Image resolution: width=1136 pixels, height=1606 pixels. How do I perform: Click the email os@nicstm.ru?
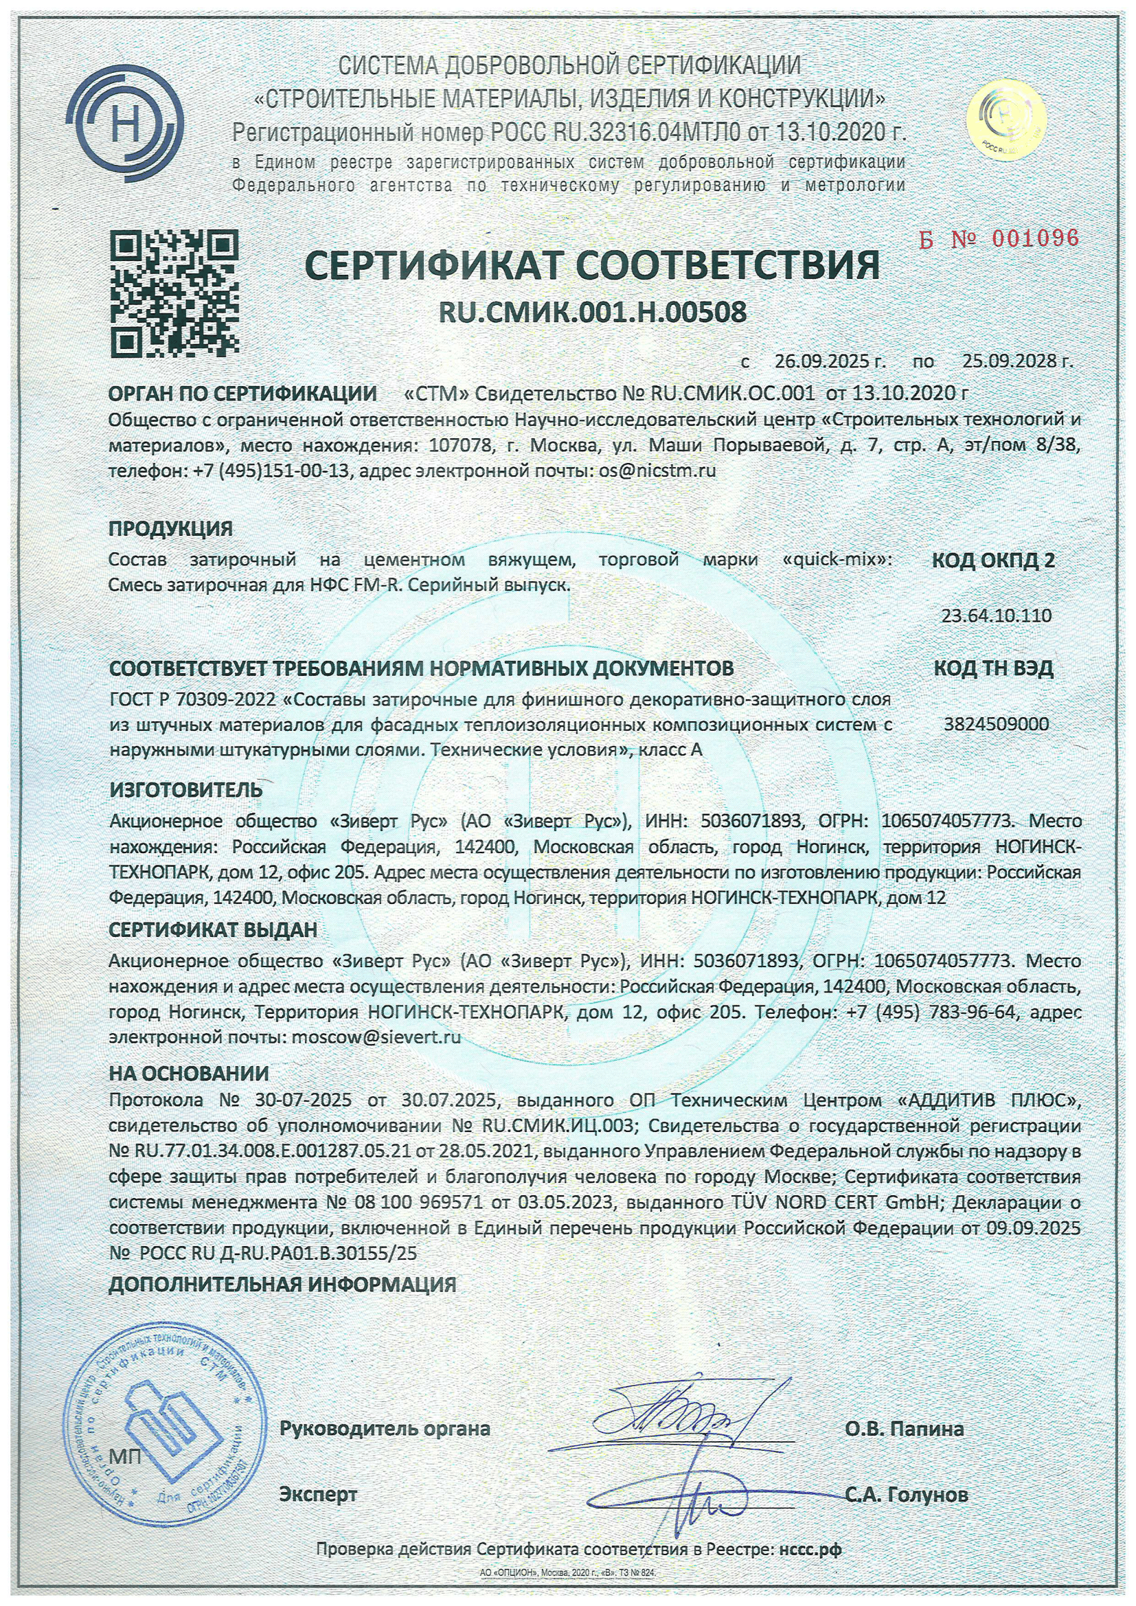pyautogui.click(x=657, y=470)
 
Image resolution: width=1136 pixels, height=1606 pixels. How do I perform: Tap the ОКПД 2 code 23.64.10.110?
pyautogui.click(x=996, y=615)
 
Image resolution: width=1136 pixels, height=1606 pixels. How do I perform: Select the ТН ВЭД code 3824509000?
pyautogui.click(x=996, y=724)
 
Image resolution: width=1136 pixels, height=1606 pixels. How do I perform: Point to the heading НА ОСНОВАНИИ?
pyautogui.click(x=189, y=1073)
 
